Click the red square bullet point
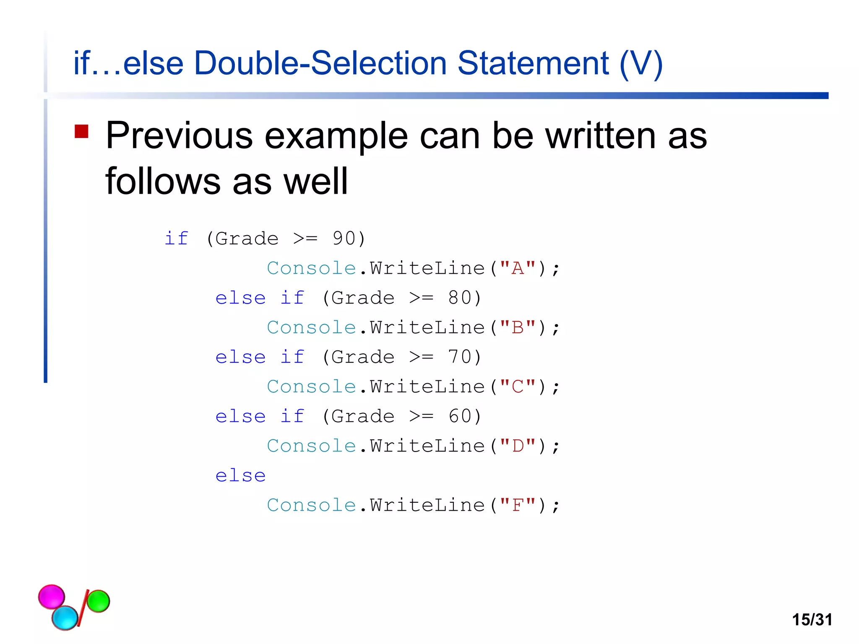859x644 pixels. click(81, 132)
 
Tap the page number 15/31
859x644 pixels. click(812, 620)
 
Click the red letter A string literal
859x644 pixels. click(518, 268)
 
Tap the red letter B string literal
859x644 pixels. click(518, 327)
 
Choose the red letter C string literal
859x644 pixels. click(518, 387)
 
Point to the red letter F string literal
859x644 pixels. click(518, 505)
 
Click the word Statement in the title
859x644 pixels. click(533, 63)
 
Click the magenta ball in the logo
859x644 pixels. click(52, 596)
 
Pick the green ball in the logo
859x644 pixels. click(98, 601)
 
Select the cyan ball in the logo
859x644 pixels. click(65, 618)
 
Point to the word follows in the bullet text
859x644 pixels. click(163, 181)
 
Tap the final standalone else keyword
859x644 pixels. click(240, 476)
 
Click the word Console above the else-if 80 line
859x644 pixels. click(311, 268)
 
